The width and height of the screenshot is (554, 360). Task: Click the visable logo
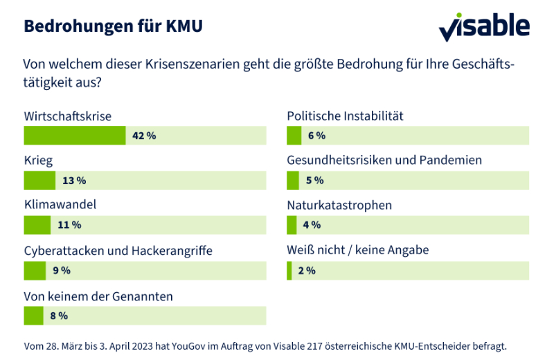coord(484,26)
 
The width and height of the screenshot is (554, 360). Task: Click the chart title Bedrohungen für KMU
coord(114,26)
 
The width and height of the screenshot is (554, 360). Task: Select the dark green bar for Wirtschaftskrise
coord(75,136)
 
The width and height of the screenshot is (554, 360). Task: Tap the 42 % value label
coord(144,136)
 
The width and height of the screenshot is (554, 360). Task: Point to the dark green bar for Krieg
coord(39,181)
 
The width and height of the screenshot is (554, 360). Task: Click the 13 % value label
coord(74,181)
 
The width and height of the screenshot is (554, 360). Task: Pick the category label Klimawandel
coord(60,206)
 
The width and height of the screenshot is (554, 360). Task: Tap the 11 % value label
coord(69,226)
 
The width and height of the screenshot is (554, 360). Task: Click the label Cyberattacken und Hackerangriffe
coord(118,251)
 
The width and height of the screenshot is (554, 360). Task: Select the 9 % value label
coord(62,271)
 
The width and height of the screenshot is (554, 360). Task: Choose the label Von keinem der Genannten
coord(98,296)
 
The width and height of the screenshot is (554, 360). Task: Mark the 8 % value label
coord(59,316)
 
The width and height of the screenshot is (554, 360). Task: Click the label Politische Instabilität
coord(345,116)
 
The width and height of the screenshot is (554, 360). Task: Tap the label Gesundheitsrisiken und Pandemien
coord(384,161)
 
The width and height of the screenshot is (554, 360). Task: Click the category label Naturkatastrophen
coord(339,206)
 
